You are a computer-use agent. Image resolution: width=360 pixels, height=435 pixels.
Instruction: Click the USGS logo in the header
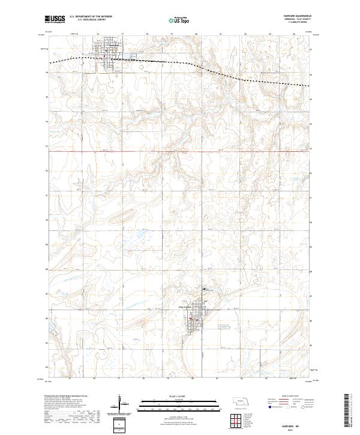[x=56, y=20]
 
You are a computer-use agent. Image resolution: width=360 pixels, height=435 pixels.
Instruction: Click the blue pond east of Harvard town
[x=128, y=58]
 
